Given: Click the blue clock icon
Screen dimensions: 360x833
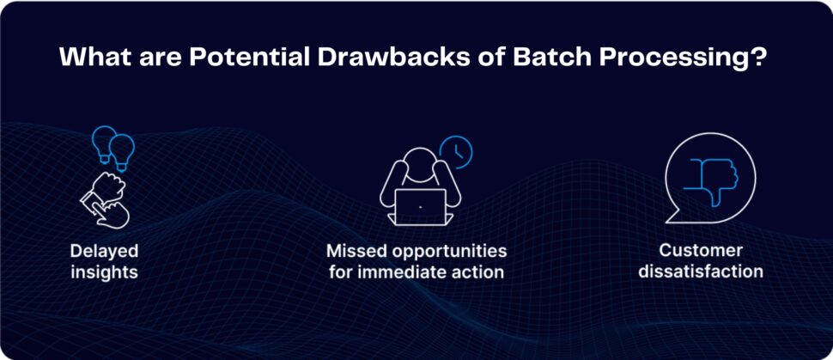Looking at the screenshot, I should pyautogui.click(x=455, y=152).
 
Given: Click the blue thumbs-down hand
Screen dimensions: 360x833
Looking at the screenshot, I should pyautogui.click(x=714, y=181).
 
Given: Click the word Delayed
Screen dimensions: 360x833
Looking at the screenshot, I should pyautogui.click(x=104, y=251).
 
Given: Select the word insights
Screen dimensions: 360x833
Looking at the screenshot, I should pyautogui.click(x=104, y=272).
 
